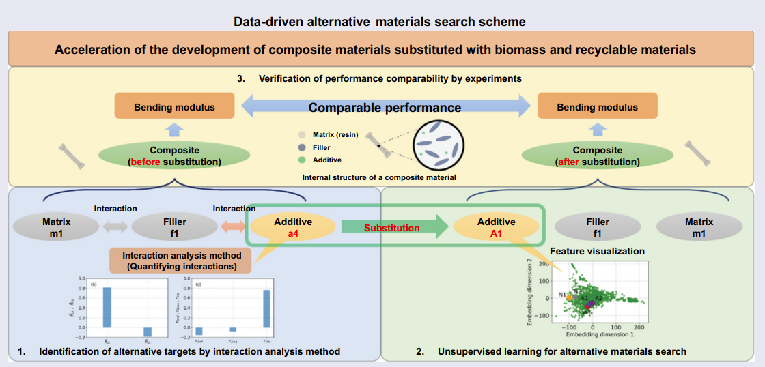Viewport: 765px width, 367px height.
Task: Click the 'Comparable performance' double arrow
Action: pos(384,107)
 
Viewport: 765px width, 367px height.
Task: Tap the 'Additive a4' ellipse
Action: pos(293,227)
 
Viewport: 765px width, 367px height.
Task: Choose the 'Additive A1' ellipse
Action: pos(497,227)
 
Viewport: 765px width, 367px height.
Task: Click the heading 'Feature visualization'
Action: pos(597,251)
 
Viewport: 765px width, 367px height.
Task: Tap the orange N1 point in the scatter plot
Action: pos(570,297)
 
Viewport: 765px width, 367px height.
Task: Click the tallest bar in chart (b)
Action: pos(107,307)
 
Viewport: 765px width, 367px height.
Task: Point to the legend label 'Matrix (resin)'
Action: pos(335,134)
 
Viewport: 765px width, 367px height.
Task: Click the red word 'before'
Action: pos(146,162)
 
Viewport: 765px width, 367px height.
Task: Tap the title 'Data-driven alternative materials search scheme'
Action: pos(380,22)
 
